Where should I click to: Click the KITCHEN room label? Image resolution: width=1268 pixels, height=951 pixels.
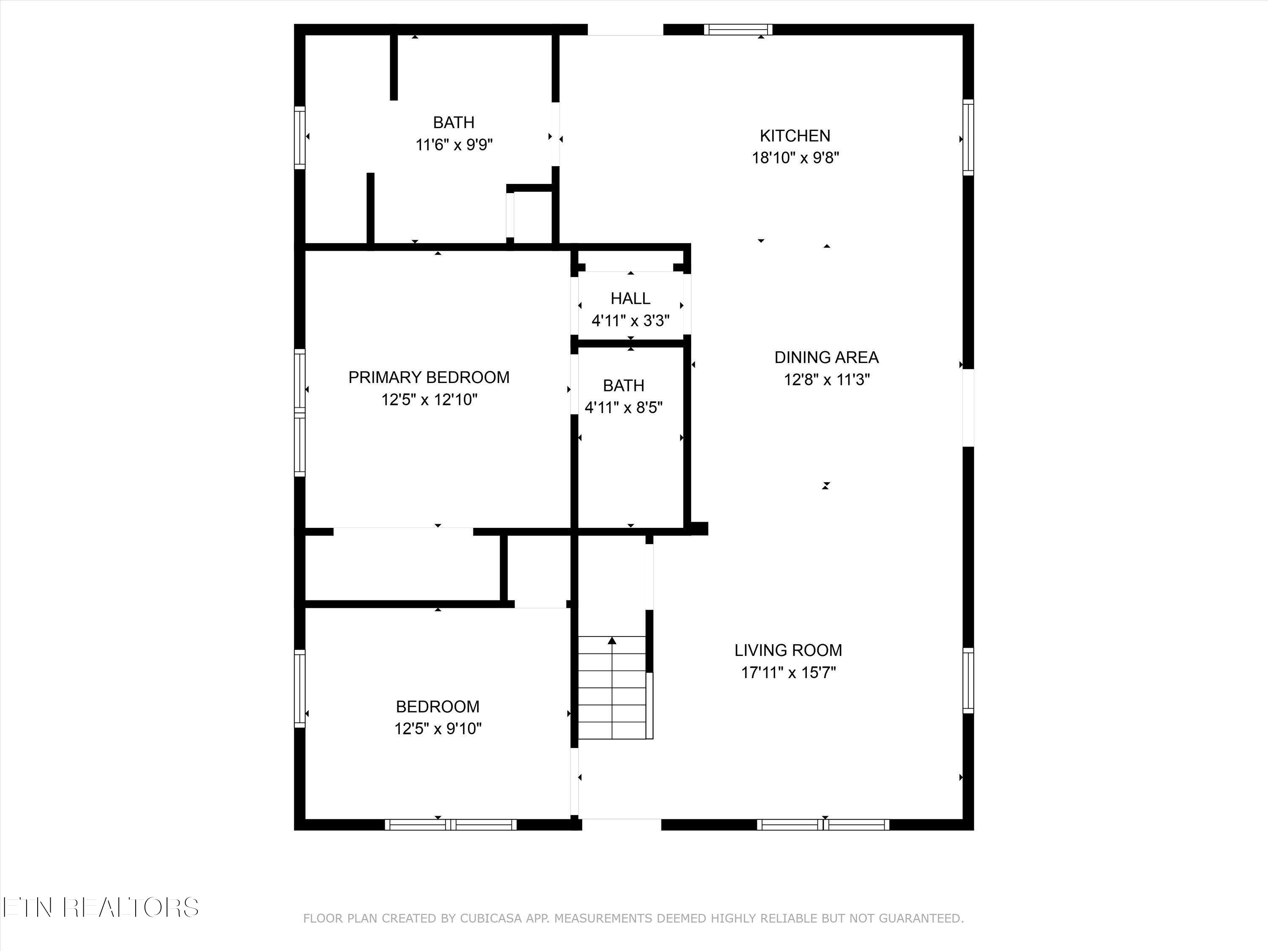(795, 136)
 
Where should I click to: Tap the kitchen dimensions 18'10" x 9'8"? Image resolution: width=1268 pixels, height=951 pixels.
(795, 158)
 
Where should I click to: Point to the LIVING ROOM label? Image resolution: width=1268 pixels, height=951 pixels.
(788, 650)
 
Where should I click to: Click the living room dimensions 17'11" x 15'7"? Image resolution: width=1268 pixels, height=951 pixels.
(789, 672)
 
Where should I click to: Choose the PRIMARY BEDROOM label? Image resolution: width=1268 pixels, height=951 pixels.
(429, 377)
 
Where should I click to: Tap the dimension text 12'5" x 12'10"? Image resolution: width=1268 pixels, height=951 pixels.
(429, 399)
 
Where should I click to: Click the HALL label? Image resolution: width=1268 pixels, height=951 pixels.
(631, 299)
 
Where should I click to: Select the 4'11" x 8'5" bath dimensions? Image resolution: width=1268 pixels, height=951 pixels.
(624, 407)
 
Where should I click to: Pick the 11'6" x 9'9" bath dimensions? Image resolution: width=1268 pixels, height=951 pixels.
(454, 145)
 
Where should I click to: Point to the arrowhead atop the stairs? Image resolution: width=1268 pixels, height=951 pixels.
(612, 640)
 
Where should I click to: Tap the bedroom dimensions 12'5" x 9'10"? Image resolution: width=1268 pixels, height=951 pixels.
(438, 729)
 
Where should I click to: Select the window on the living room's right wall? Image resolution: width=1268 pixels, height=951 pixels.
(967, 680)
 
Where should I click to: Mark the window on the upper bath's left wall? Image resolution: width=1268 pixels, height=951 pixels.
(300, 137)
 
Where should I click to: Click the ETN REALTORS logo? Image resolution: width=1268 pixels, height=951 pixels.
(100, 907)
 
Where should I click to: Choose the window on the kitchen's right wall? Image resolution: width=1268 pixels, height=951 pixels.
(967, 137)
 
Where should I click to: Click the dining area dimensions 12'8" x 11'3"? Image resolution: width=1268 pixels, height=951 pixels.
(827, 380)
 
